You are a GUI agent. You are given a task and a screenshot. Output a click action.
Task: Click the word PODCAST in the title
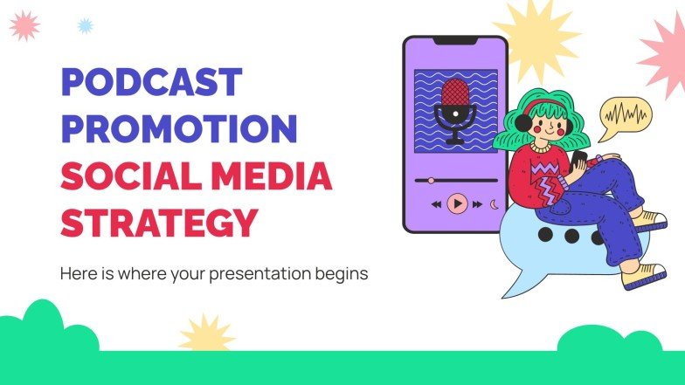click(x=150, y=83)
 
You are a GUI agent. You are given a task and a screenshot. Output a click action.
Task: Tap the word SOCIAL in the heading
click(x=120, y=176)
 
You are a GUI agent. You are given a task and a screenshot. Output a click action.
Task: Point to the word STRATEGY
click(x=159, y=222)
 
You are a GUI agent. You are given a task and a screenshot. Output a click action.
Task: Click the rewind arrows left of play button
click(x=436, y=204)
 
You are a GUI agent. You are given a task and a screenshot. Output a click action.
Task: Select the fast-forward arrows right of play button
click(x=477, y=204)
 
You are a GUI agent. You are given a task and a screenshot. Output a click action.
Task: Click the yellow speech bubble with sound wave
click(x=625, y=114)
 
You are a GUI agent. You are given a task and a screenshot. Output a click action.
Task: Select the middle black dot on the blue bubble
click(x=571, y=236)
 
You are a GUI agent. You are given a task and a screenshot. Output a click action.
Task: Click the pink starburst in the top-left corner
click(x=24, y=25)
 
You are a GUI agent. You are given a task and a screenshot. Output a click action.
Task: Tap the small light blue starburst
click(x=85, y=25)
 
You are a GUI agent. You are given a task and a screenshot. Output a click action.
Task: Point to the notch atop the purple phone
click(x=454, y=40)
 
